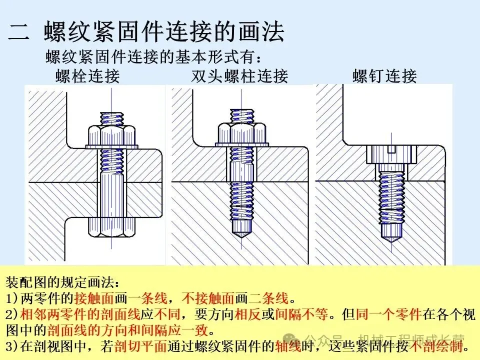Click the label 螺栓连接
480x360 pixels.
(x=87, y=76)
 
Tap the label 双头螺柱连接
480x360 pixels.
(x=239, y=76)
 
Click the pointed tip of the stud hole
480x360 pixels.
(x=241, y=233)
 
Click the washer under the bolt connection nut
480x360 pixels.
(x=112, y=146)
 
